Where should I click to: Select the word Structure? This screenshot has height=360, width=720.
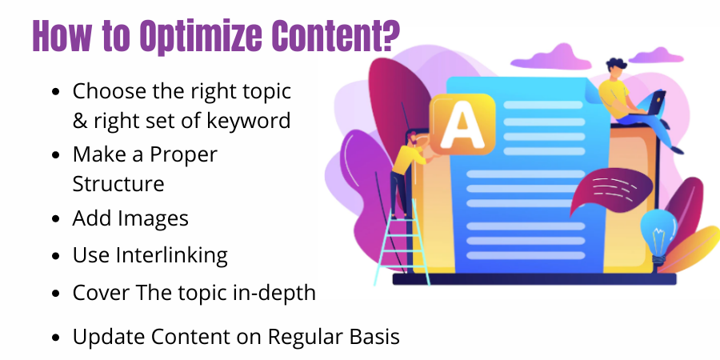click(x=118, y=183)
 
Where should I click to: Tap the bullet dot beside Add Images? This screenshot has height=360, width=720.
click(x=54, y=218)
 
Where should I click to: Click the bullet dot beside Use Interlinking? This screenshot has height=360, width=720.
click(x=54, y=256)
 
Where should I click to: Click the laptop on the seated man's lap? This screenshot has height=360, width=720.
click(x=653, y=105)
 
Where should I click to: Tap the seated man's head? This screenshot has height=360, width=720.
click(x=616, y=66)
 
